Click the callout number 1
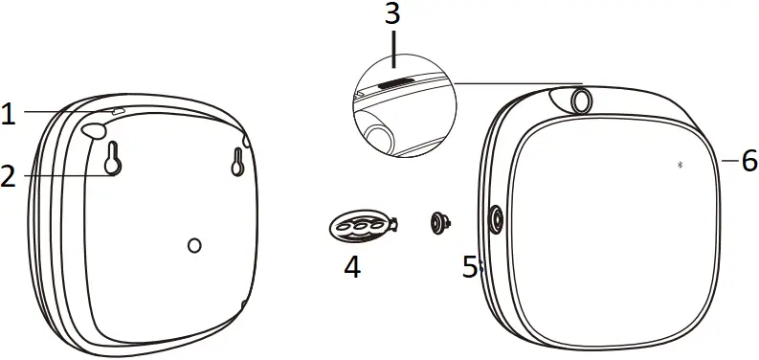(x=9, y=116)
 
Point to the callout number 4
(x=352, y=267)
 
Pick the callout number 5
(x=470, y=267)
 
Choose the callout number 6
(x=749, y=160)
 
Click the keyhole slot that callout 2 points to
(x=113, y=160)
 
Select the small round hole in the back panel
(x=195, y=246)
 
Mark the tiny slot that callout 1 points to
(x=119, y=112)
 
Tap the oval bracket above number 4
(x=360, y=225)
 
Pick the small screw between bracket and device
(x=439, y=222)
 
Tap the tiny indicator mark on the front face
(x=681, y=165)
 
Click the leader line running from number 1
(x=67, y=113)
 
